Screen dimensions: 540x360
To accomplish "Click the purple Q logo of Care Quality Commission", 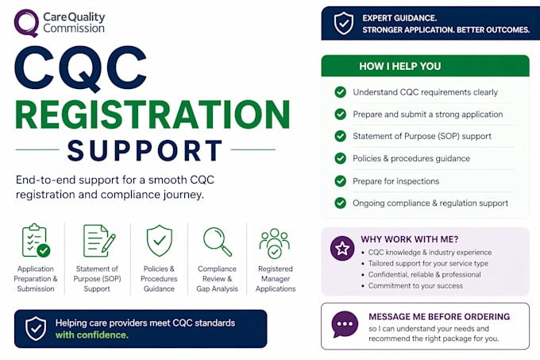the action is click(26, 23).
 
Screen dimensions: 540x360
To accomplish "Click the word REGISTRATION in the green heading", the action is click(152, 114).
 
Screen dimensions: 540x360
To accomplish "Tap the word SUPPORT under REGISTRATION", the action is click(145, 150).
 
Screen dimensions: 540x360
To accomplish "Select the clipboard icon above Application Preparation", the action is click(36, 241).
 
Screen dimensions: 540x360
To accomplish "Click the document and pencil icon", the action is click(99, 241).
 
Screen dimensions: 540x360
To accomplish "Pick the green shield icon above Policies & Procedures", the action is click(159, 241).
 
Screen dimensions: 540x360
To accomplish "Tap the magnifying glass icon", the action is click(218, 241).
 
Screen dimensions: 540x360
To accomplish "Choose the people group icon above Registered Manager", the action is click(275, 243).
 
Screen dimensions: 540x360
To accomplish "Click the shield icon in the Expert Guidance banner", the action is click(344, 23).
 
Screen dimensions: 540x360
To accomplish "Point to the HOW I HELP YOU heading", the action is click(399, 66).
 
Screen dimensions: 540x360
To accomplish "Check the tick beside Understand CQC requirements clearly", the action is click(340, 92).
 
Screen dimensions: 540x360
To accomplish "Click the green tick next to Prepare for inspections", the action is click(340, 181).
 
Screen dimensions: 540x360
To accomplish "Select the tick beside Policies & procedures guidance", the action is click(340, 158).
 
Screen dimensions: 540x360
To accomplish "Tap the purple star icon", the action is click(342, 248).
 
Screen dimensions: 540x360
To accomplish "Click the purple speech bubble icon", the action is click(345, 324).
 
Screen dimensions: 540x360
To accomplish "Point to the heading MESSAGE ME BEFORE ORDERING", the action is click(439, 316).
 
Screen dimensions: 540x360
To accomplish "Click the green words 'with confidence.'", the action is click(92, 335).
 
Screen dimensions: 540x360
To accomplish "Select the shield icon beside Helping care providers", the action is click(36, 329).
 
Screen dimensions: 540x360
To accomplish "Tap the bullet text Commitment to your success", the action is click(415, 285).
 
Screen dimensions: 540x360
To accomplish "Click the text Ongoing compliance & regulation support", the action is click(430, 203).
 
